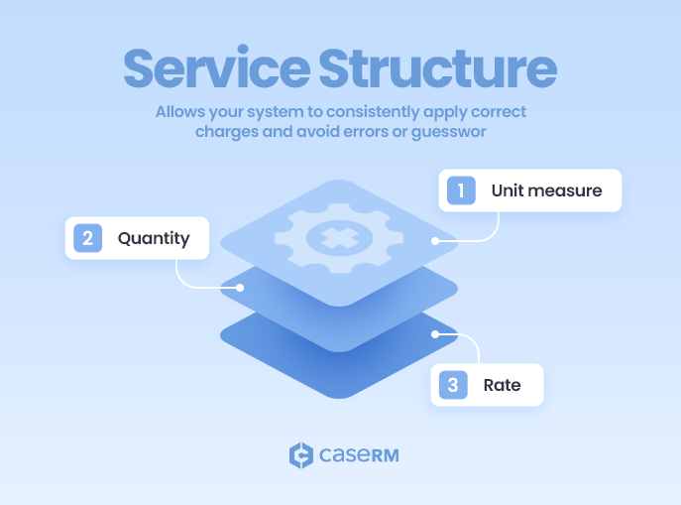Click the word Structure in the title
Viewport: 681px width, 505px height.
pos(436,67)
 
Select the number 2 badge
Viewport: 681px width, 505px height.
pos(87,238)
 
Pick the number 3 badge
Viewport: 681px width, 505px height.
pos(452,385)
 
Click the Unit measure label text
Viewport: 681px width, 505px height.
pos(546,190)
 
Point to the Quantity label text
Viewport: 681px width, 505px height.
pos(154,238)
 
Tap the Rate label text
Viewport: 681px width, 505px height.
pos(502,385)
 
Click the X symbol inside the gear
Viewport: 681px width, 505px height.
pos(339,236)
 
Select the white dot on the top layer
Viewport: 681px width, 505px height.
pos(435,241)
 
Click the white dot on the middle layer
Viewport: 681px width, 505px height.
pos(240,287)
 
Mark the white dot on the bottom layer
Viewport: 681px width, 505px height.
pos(434,334)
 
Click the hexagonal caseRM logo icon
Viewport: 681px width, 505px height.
pos(300,455)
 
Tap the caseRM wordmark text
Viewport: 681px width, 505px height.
pos(359,456)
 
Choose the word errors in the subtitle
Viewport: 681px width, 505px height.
pos(380,132)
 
